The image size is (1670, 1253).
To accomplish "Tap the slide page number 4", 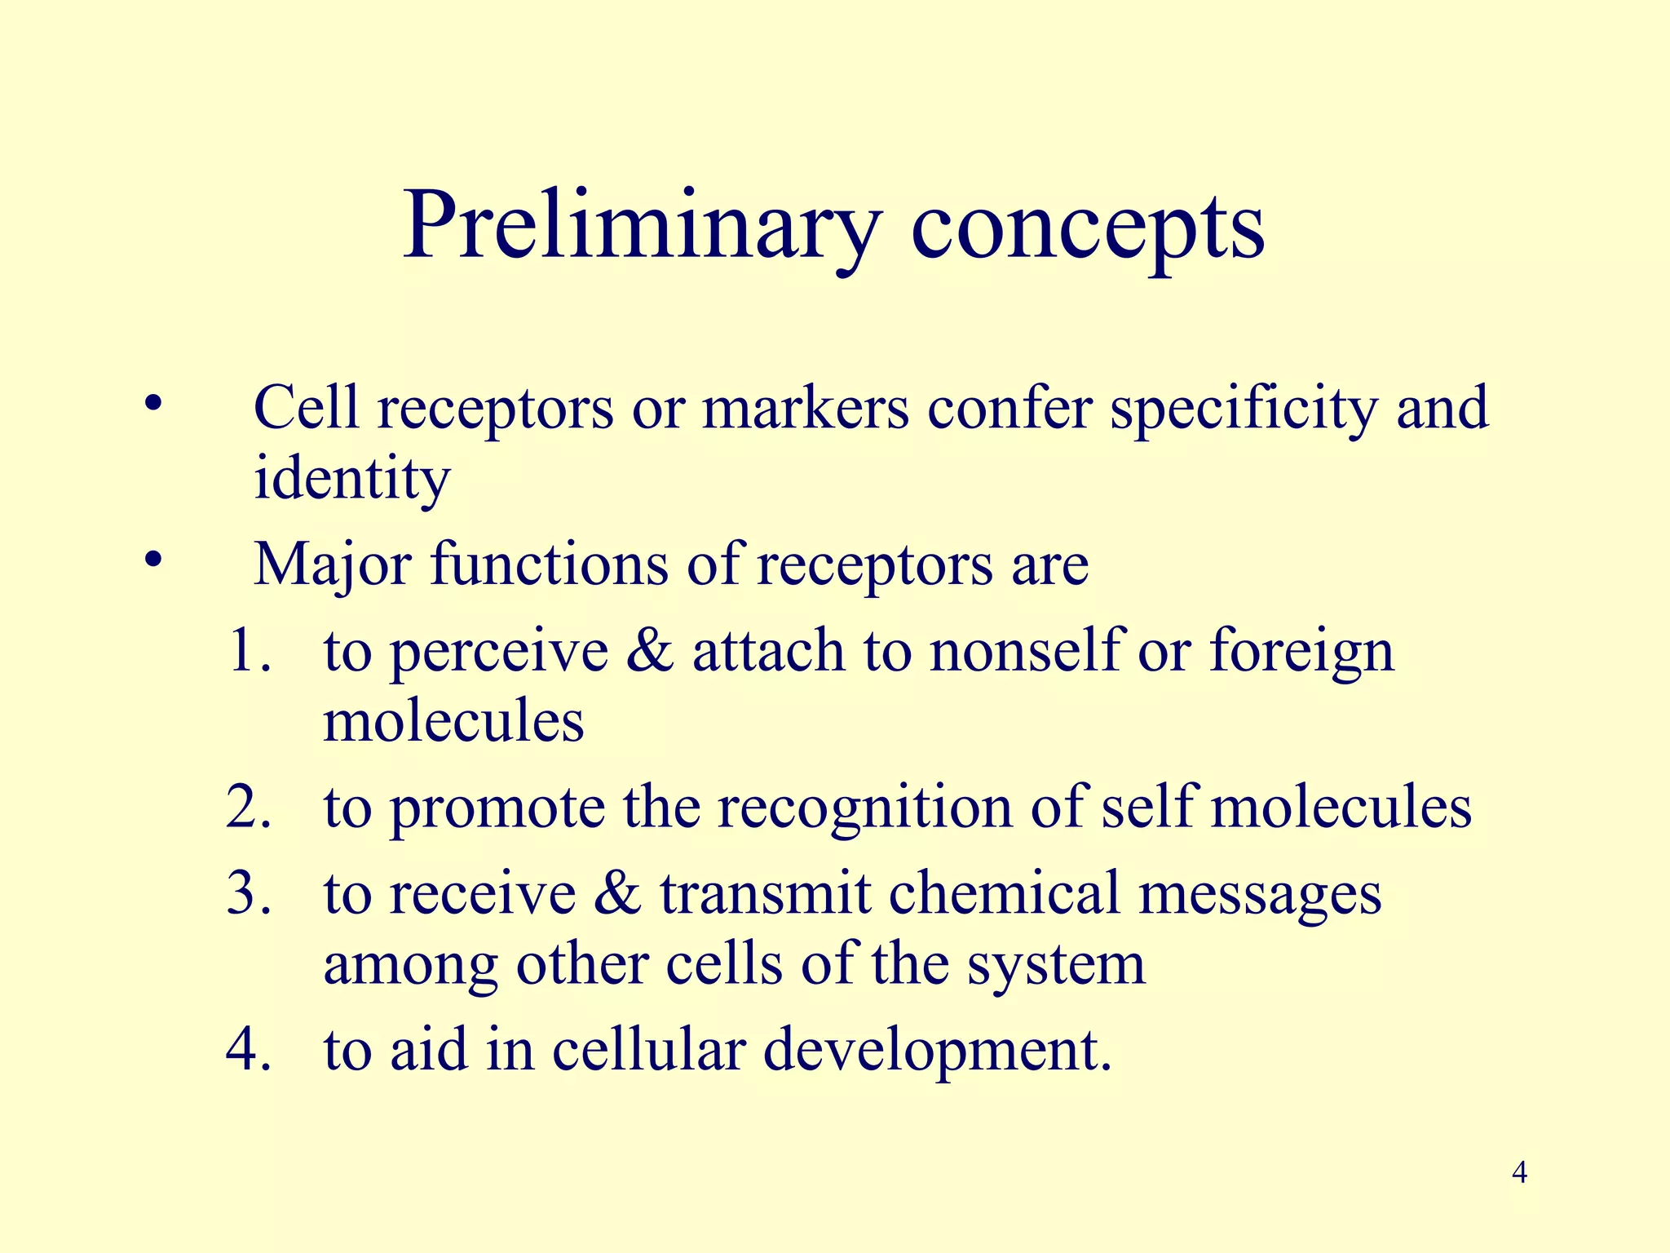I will pyautogui.click(x=1519, y=1173).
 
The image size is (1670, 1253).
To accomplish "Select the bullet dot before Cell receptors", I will pyautogui.click(x=152, y=405).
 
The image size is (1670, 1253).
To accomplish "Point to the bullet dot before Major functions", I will pyautogui.click(x=152, y=561).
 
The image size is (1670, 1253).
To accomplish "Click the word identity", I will pyautogui.click(x=351, y=479).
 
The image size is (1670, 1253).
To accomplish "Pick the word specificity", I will pyautogui.click(x=1244, y=408).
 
